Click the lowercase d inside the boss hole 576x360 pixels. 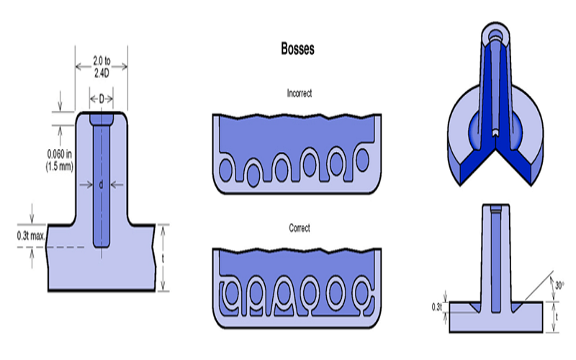point(102,184)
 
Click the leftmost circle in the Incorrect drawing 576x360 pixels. point(228,170)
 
